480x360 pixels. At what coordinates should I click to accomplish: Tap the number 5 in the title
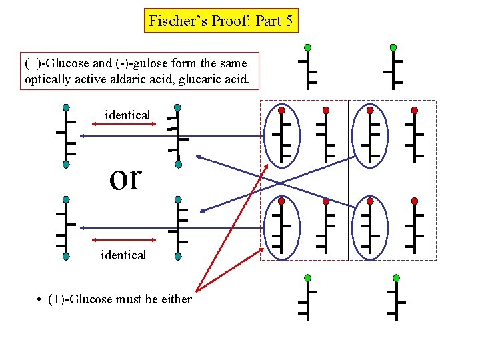289,21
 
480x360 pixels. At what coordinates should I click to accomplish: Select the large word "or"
126,177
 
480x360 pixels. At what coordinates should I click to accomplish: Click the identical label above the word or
127,115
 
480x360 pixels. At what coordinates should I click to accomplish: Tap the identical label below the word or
123,255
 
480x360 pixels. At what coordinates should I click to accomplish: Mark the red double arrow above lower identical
120,239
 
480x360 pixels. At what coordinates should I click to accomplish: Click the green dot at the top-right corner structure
393,47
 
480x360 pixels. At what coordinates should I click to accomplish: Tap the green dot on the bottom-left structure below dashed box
307,277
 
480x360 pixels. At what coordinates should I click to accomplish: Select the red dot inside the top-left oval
282,109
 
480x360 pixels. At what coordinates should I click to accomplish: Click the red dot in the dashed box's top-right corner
415,109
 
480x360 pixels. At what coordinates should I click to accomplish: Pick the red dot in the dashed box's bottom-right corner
415,201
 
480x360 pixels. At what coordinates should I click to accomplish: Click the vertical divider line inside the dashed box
348,180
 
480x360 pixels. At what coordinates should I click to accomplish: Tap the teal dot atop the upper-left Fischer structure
66,107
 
